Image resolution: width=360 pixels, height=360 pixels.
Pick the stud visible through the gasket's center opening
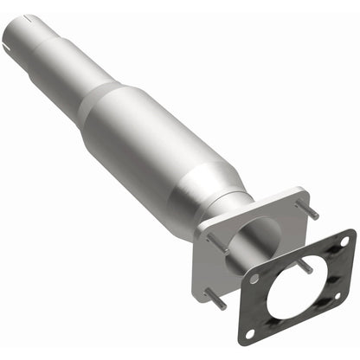(305, 269)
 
